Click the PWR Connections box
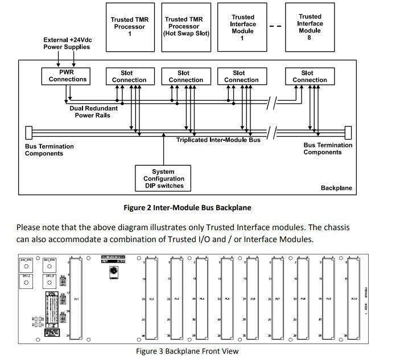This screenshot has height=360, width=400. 68,76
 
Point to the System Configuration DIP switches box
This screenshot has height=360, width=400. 163,178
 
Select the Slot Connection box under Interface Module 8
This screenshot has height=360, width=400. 310,76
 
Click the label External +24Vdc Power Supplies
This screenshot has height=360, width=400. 66,43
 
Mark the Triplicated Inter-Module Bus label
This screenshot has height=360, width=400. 218,140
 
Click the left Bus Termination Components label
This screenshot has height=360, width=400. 49,150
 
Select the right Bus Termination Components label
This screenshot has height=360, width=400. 327,149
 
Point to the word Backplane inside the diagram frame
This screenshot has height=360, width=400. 336,188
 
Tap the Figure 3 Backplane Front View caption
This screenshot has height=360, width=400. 187,351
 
